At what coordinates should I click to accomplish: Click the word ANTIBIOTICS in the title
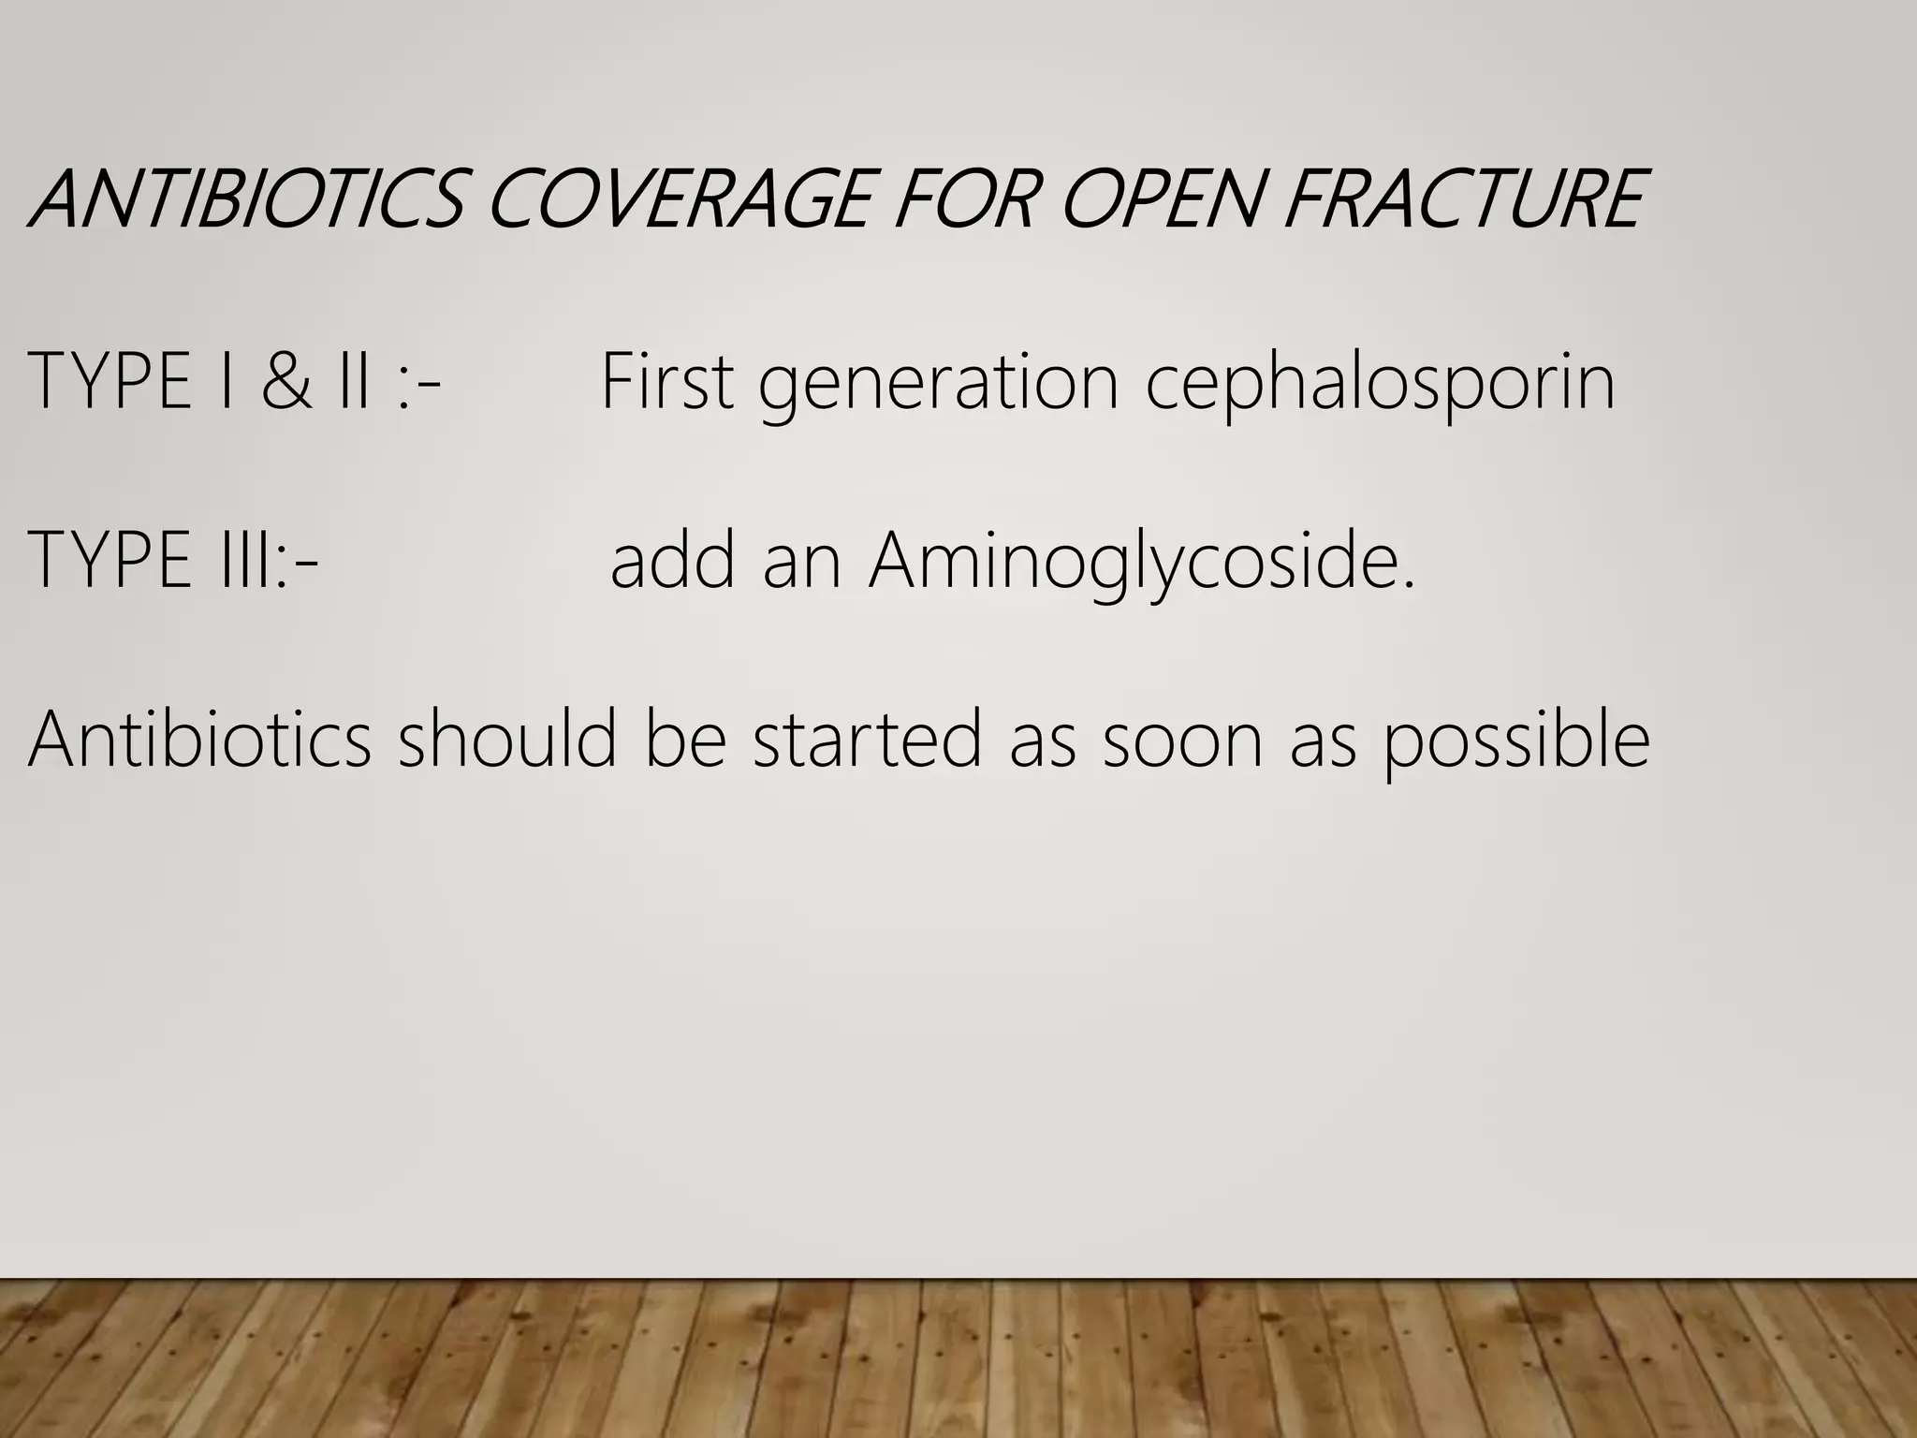(x=245, y=199)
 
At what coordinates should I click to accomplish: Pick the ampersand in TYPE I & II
(x=285, y=382)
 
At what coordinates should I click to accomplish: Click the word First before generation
(x=666, y=382)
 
